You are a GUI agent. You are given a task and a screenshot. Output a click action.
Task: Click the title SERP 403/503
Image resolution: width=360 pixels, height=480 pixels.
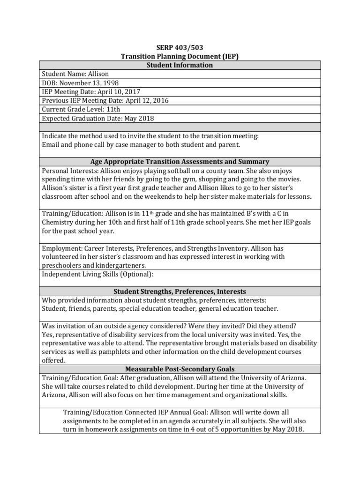pos(180,48)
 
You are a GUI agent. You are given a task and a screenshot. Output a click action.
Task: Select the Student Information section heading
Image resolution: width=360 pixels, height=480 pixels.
pos(180,65)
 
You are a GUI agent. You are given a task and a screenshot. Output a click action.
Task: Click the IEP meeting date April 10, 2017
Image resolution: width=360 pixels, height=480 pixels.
pos(113,92)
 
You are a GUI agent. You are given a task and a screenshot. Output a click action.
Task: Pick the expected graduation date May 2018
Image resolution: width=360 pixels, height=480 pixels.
pos(139,119)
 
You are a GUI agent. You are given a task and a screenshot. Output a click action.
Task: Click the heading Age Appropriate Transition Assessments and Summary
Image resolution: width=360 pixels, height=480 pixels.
pos(180,162)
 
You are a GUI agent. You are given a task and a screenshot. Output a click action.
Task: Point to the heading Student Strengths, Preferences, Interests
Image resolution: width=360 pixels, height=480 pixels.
pos(180,291)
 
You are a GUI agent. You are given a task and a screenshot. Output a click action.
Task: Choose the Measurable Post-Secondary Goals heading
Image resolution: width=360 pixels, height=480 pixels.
pos(180,369)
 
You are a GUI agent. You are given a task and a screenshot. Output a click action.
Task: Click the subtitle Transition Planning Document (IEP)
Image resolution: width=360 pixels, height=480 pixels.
pos(180,56)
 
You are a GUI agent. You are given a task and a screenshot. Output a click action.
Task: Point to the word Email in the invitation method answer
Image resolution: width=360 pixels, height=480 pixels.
pos(51,144)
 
